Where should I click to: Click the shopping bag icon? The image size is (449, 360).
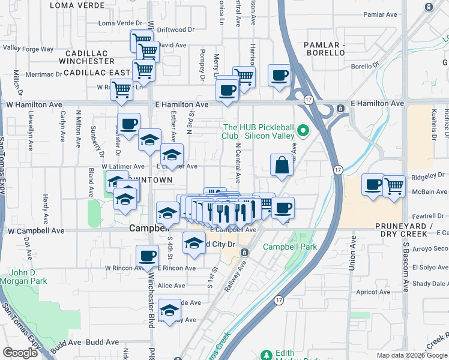pyautogui.click(x=282, y=165)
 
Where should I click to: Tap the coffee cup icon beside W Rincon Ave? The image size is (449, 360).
pyautogui.click(x=147, y=257)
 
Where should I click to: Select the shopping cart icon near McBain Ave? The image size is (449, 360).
pyautogui.click(x=394, y=185)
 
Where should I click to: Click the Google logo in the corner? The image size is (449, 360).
pyautogui.click(x=20, y=353)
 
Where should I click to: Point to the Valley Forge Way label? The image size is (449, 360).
pyautogui.click(x=28, y=48)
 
